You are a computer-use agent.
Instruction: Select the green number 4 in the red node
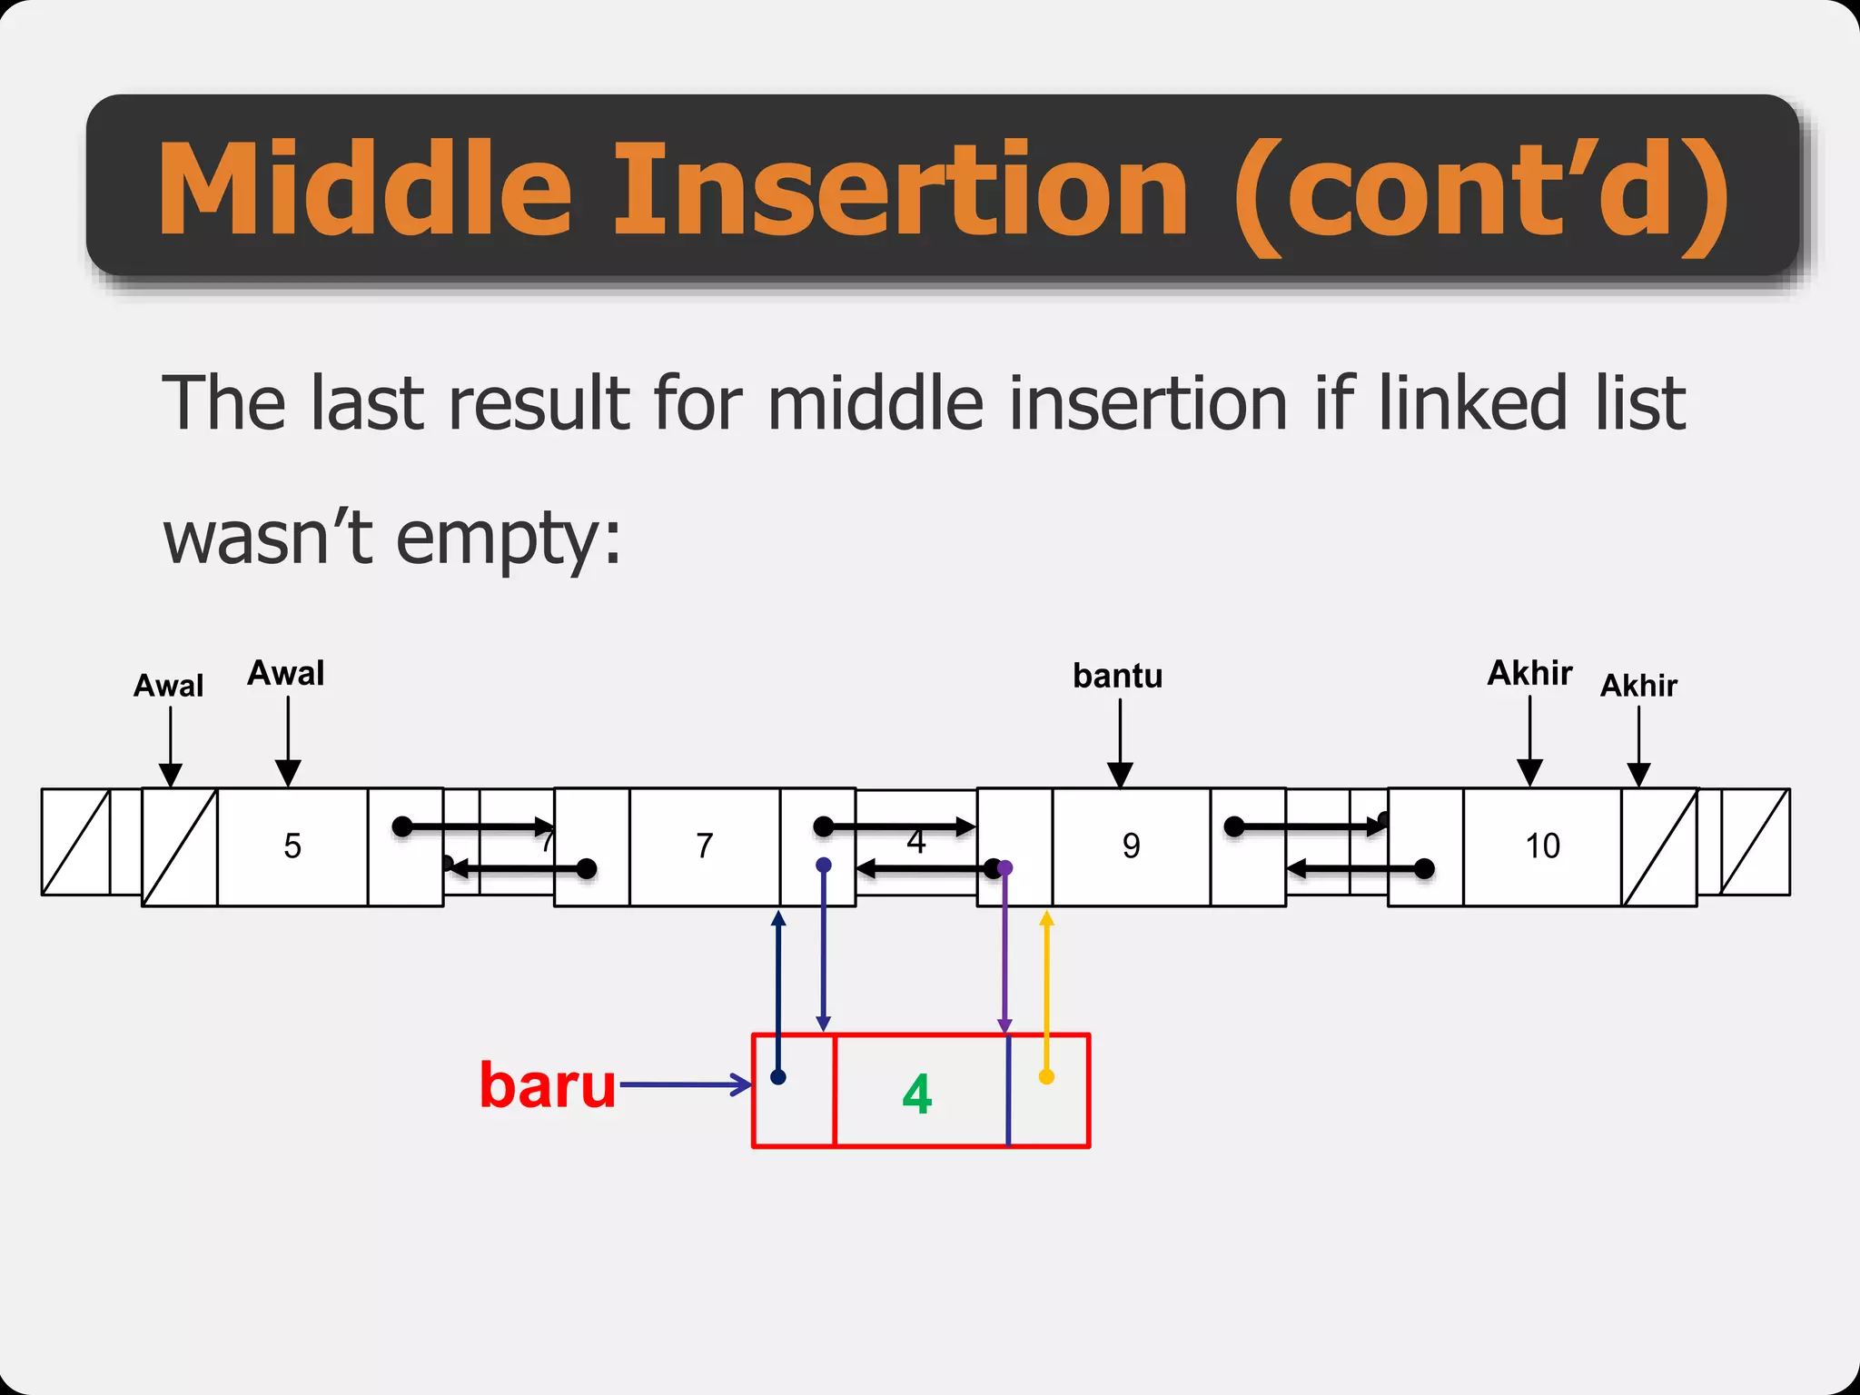point(917,1093)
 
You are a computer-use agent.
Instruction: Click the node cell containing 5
point(292,846)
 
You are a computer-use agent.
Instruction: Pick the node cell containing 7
point(705,846)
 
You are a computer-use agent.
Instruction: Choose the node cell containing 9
point(1131,846)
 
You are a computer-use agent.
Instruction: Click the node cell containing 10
point(1542,846)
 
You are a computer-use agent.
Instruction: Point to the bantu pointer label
point(1117,676)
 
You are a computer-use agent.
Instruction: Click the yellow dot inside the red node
point(1046,1077)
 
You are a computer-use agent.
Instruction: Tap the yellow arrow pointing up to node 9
point(1046,990)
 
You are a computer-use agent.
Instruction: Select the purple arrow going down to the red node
point(1004,954)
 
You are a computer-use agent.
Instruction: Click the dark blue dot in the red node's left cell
point(778,1077)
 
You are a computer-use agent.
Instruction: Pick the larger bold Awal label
point(286,673)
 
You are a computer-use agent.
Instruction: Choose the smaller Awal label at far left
point(168,686)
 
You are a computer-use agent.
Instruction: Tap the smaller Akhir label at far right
point(1638,686)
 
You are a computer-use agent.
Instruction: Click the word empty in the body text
point(495,538)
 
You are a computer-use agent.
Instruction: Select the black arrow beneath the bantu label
point(1120,740)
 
